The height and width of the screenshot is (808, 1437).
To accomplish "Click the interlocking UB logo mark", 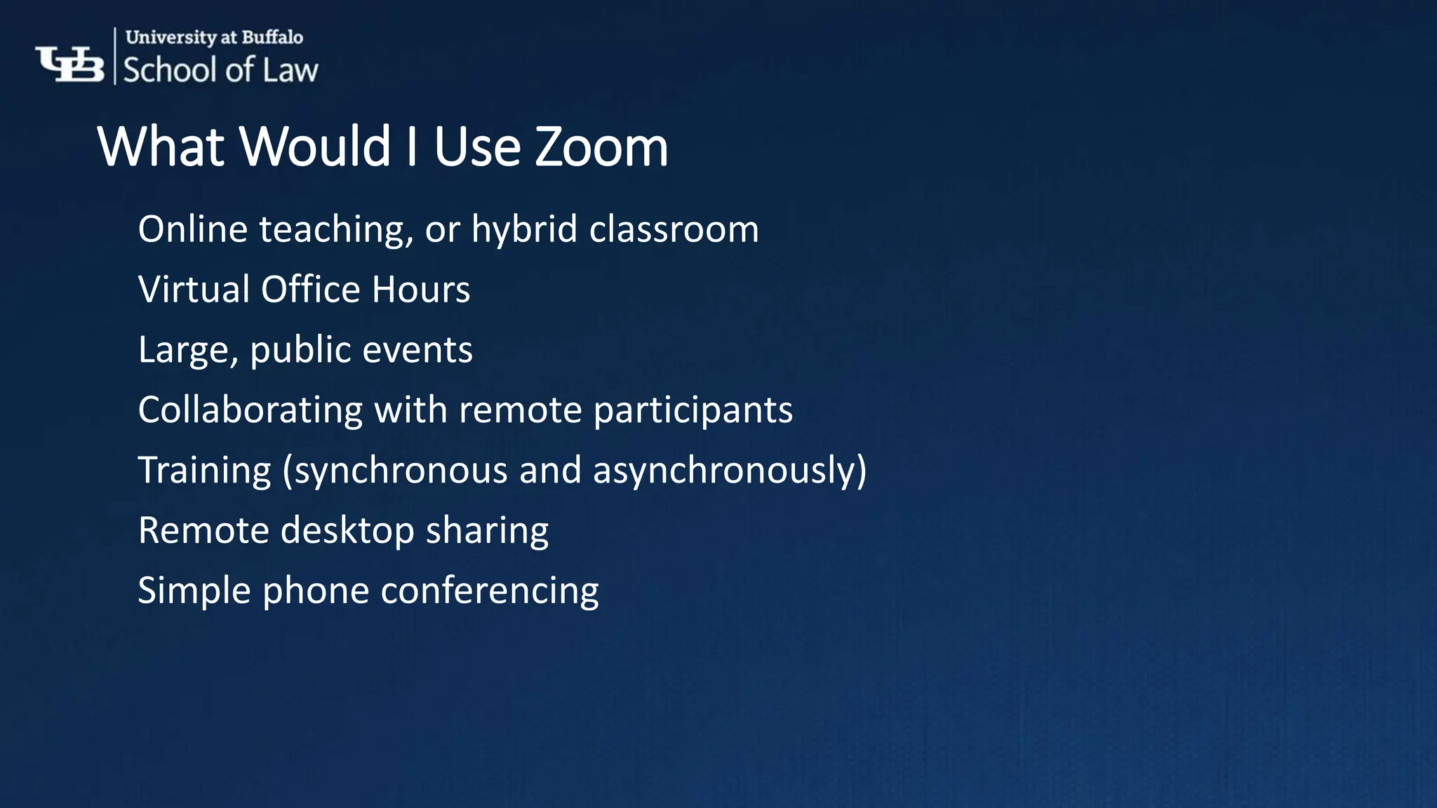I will click(x=69, y=64).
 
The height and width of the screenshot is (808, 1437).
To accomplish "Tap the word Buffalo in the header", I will click(x=272, y=37).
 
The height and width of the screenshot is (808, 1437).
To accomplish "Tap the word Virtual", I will click(x=194, y=290).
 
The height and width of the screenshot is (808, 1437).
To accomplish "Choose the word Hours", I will click(x=421, y=290).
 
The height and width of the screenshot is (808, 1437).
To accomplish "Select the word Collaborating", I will click(x=250, y=410).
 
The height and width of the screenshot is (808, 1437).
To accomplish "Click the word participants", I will click(x=693, y=410).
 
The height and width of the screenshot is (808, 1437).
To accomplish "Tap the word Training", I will click(x=204, y=471).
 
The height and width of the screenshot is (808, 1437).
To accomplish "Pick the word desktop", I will click(x=347, y=531).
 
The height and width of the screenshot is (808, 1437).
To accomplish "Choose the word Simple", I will click(x=194, y=591).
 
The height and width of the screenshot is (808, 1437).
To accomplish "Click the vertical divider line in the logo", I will click(x=115, y=56).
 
